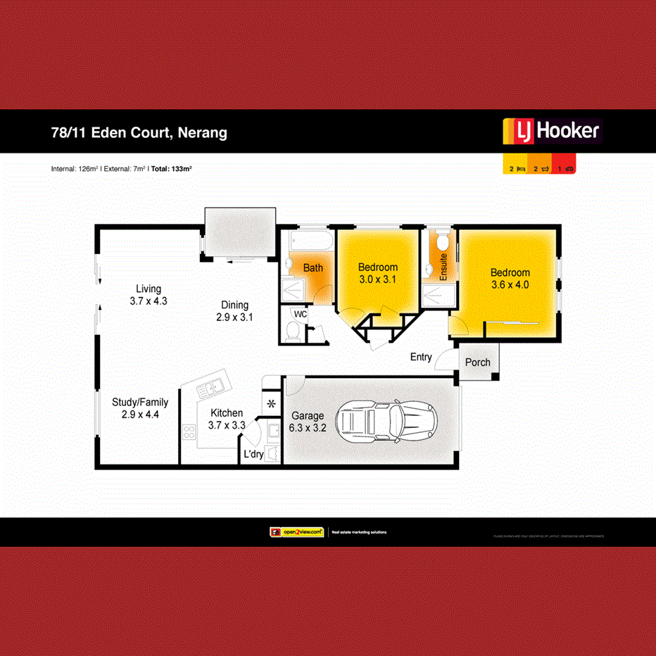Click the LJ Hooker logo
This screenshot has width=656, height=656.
coord(551,131)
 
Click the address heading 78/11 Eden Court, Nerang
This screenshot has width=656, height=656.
coord(139,132)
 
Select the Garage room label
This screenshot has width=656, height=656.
coord(307,416)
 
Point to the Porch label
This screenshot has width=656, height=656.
coord(478,362)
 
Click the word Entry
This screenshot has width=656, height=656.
coord(421,358)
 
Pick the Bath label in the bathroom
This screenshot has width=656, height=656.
coord(313,267)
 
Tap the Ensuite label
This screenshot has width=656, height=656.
coord(443,267)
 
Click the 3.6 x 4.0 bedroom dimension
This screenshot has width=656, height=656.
coord(510,285)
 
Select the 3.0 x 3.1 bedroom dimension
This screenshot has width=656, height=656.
coord(378,279)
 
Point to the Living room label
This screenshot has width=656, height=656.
coord(149,289)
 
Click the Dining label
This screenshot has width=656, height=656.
coord(235,305)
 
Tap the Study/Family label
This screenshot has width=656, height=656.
coord(140,403)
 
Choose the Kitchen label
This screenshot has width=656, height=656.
coord(226,413)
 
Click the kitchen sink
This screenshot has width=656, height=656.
coord(210,388)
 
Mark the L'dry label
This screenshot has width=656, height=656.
coord(253,455)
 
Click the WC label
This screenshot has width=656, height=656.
coord(301,314)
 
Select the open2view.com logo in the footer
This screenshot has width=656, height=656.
coord(296,532)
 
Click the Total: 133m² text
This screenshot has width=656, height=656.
coord(172,169)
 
